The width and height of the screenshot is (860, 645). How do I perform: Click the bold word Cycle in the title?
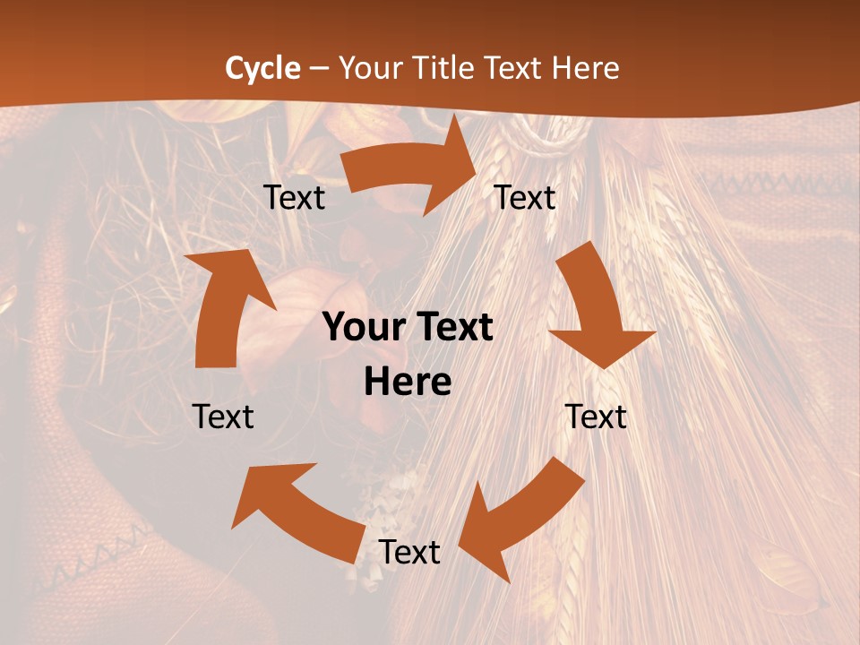click(262, 68)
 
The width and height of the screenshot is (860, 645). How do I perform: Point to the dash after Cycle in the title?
click(319, 69)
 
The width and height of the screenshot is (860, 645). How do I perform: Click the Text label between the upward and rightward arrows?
click(294, 197)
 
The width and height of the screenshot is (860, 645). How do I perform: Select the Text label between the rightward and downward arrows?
click(525, 197)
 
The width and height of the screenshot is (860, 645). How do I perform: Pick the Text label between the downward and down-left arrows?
click(596, 417)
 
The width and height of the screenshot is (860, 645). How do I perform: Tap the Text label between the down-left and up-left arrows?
click(409, 552)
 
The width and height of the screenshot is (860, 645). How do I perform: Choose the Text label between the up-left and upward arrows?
click(223, 417)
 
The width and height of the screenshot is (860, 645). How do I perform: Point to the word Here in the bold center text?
click(408, 383)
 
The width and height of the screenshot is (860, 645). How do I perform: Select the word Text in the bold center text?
click(451, 328)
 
